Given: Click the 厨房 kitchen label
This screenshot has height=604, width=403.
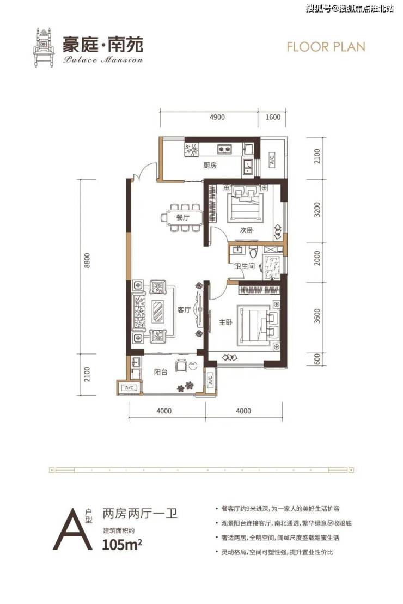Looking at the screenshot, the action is coord(210,165).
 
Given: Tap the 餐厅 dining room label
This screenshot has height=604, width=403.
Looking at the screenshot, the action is coord(182,218).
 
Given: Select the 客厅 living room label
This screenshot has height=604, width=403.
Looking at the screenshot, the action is coord(184,309).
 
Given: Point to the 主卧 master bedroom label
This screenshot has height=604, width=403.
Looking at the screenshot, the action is coord(225,322).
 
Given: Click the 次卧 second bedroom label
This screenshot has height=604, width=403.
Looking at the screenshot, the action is coord(247,230).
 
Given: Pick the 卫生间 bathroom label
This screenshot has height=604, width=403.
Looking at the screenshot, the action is coord(245,265).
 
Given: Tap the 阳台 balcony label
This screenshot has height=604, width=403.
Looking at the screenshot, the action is coord(160,372).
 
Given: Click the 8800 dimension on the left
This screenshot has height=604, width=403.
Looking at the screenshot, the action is coord(87,261).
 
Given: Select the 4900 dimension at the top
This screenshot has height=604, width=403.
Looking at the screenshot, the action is coord(217,117).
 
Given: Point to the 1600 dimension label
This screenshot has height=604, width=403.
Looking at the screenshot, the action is coord(273,117).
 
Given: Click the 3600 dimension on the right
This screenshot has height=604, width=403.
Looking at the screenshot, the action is coord(317,315).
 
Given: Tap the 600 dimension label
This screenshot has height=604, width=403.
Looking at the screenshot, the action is coord(317,359).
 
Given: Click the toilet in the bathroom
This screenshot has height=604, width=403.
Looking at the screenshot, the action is coord(253,252).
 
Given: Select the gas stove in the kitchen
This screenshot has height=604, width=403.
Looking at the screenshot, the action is coord(224,148).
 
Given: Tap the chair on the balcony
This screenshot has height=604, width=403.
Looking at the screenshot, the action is coord(181,365).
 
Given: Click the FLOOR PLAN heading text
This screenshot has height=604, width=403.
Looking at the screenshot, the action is coord(326,47).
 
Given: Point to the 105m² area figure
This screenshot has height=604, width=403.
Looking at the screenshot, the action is coord(122,545).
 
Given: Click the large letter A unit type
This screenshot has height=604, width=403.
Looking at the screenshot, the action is coord(72,530).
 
